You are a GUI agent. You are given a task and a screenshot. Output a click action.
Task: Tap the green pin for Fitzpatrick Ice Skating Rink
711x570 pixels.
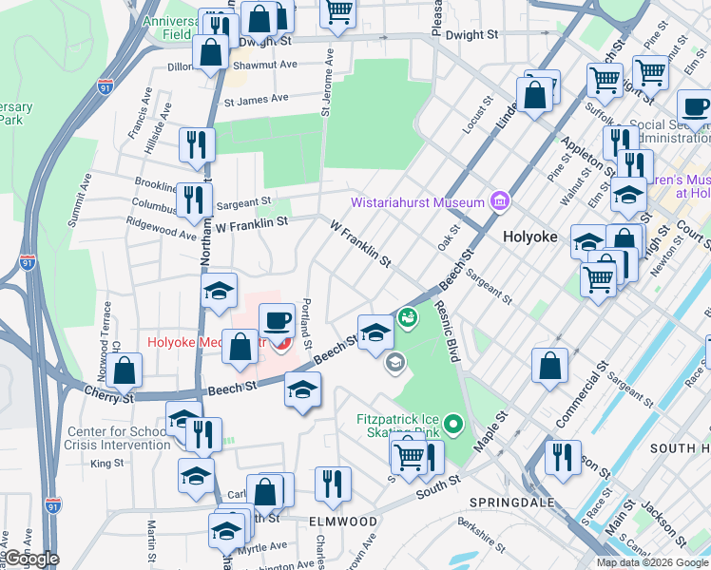[x=453, y=425]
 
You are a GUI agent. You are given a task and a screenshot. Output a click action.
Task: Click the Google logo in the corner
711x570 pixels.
[x=30, y=559]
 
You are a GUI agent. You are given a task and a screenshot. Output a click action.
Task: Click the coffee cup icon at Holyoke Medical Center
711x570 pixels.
[x=277, y=320]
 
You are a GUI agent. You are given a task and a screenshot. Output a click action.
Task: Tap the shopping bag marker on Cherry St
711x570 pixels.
[x=125, y=370]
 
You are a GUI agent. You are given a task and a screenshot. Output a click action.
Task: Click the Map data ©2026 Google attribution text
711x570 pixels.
[x=651, y=562]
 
